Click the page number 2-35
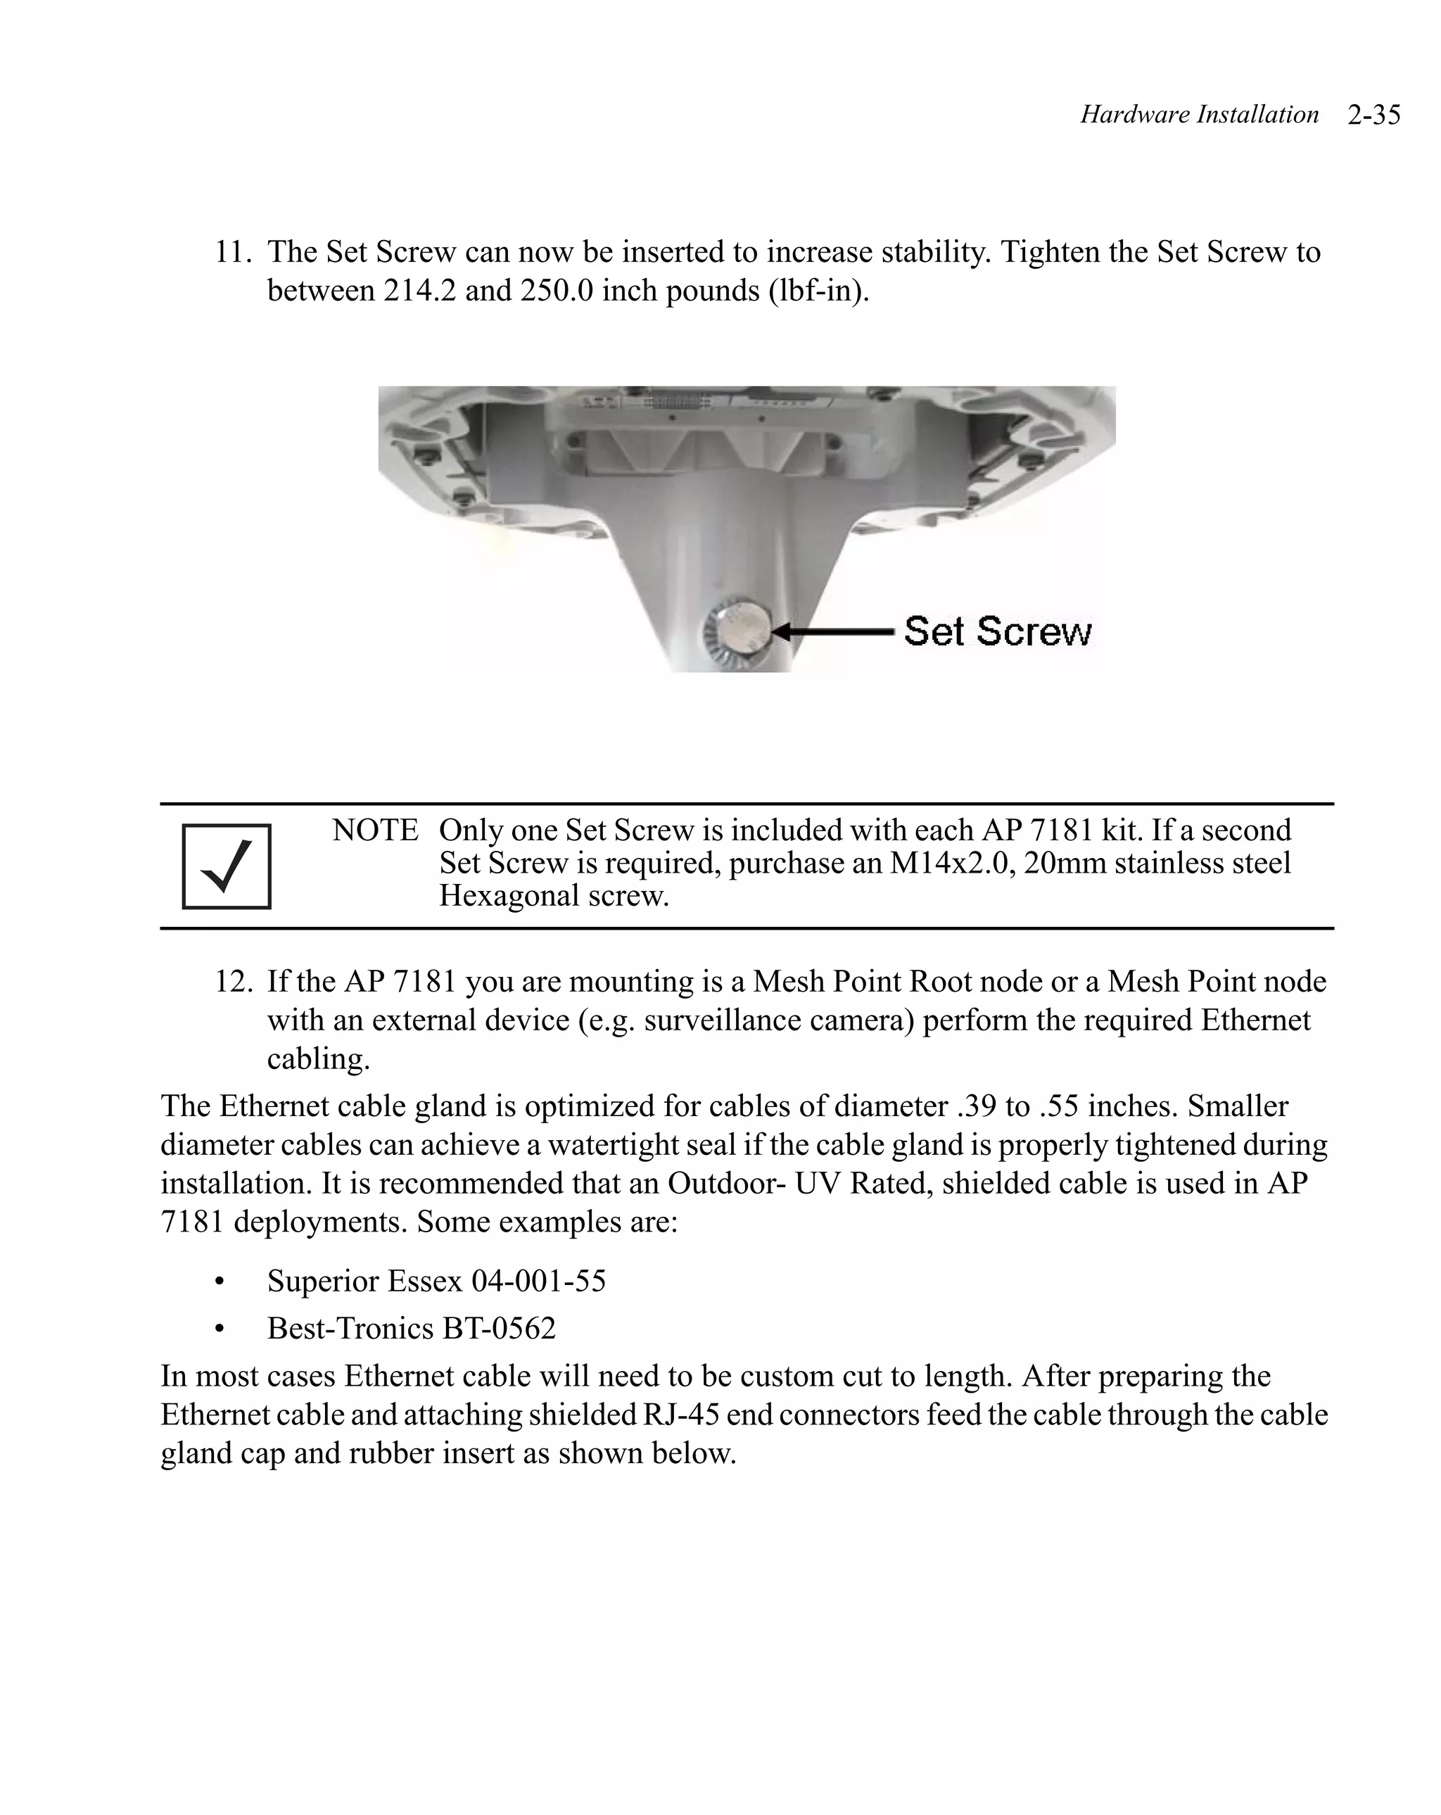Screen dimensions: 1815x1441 pos(1373,115)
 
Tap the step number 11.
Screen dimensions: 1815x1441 pos(232,252)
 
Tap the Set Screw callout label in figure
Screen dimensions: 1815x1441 pos(998,631)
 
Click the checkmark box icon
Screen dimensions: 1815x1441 pos(227,866)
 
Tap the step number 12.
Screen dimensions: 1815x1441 pos(232,982)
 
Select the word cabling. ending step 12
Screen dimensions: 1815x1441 pos(318,1058)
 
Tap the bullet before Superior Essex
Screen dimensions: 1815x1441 pos(220,1282)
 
